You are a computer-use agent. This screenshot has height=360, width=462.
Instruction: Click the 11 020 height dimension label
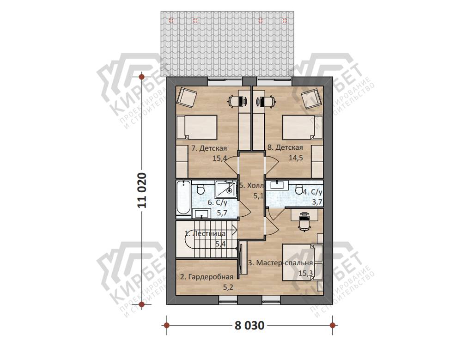[x=142, y=190]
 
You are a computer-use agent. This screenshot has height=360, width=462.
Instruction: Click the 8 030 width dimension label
[x=249, y=325]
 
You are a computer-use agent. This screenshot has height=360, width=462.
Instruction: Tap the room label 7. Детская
[x=209, y=148]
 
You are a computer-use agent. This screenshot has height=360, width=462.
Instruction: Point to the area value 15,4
[x=219, y=159]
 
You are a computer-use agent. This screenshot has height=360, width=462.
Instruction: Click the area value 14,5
[x=296, y=158]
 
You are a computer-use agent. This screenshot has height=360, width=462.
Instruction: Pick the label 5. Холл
[x=251, y=186]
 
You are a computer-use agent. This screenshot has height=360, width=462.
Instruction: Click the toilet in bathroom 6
[x=201, y=189]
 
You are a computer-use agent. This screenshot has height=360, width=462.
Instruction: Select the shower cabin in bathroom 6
[x=226, y=189]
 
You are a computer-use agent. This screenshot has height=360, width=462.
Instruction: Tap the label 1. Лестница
[x=205, y=234]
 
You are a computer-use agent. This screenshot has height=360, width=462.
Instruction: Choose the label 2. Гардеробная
[x=207, y=277]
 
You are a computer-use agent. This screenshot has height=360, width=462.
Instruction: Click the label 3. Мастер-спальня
[x=280, y=262]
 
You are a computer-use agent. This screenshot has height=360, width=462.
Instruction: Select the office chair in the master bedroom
[x=304, y=221]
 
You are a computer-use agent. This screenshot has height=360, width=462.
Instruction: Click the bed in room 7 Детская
[x=197, y=128]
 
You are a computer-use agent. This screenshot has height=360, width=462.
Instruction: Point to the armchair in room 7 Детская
[x=187, y=97]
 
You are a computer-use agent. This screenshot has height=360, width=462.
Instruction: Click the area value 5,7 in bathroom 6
[x=222, y=213]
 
